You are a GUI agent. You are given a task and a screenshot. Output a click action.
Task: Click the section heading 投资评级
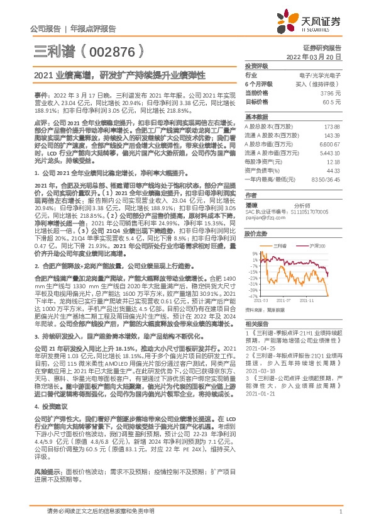(x=256, y=65)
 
